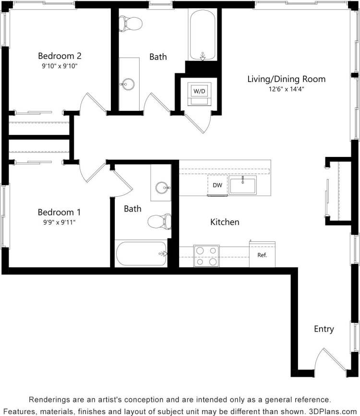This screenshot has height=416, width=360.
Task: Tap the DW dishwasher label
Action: (217, 185)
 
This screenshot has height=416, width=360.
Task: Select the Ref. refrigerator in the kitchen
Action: (262, 255)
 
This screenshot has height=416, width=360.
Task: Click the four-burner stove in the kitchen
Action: (206, 256)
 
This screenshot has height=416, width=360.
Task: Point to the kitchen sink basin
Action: (242, 185)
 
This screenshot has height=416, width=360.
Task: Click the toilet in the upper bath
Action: (131, 23)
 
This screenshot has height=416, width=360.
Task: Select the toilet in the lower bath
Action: (159, 221)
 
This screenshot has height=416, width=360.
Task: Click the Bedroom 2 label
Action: (60, 56)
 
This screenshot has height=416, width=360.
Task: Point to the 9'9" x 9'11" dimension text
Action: (60, 222)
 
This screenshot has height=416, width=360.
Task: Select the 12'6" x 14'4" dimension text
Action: (286, 89)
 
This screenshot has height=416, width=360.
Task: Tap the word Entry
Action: (324, 329)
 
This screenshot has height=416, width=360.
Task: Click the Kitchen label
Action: (225, 222)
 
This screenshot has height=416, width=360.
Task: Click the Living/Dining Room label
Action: (286, 79)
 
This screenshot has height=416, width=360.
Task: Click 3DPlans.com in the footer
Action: (331, 411)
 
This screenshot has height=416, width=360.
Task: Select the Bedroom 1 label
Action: (60, 212)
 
